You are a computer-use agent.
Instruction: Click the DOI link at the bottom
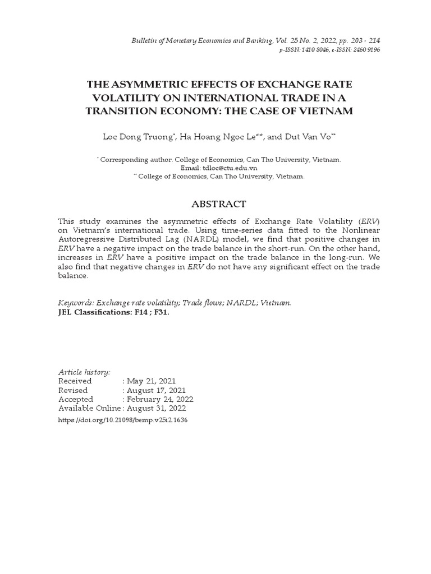tap(123, 419)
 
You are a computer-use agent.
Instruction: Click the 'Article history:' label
tap(84, 372)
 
